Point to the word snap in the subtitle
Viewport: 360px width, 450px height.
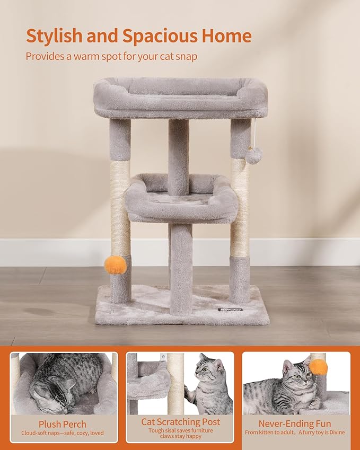pyautogui.click(x=185, y=56)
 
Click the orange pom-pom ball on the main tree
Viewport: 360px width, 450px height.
pyautogui.click(x=116, y=264)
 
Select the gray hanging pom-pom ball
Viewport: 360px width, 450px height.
pyautogui.click(x=254, y=155)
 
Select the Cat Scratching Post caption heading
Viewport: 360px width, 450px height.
pyautogui.click(x=180, y=422)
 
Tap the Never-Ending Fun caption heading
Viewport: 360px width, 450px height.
pyautogui.click(x=295, y=423)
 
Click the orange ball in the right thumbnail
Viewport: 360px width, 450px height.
pyautogui.click(x=318, y=366)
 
